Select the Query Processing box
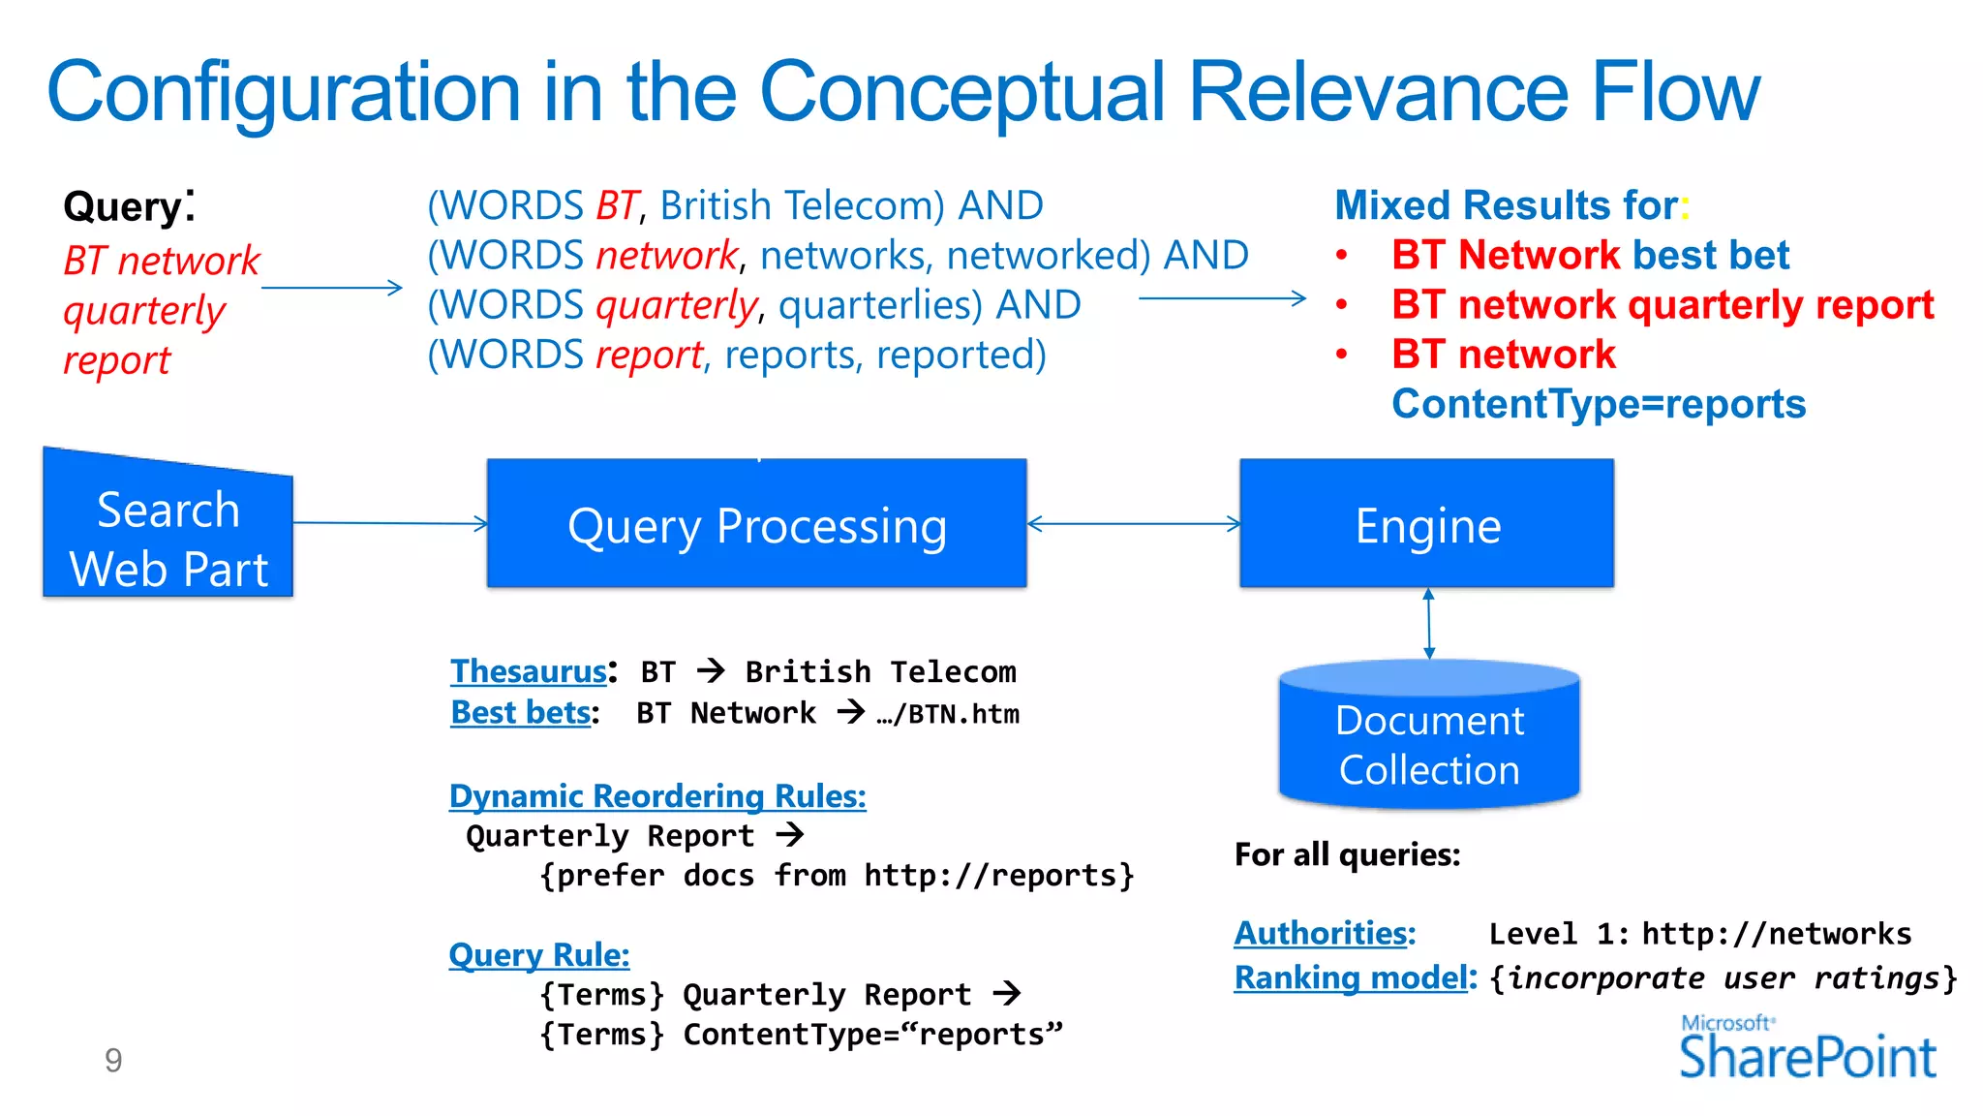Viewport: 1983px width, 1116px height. point(756,524)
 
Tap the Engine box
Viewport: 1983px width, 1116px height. point(1426,524)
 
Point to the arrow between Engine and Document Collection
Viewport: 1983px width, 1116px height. point(1429,624)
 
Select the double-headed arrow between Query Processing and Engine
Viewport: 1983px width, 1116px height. point(1133,524)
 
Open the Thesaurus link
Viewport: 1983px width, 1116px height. point(529,671)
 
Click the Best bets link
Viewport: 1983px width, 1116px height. point(521,713)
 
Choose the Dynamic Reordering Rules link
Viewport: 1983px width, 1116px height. point(657,796)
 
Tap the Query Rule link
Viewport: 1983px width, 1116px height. point(539,955)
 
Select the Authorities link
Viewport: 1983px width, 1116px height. point(1325,933)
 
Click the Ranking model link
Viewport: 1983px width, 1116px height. point(1352,977)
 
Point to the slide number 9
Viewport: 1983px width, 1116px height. point(113,1061)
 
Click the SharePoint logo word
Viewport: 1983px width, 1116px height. point(1807,1057)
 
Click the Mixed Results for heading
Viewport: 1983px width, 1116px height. point(1507,205)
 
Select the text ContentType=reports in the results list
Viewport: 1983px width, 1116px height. point(1599,404)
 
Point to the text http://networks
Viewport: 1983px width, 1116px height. point(1777,934)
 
